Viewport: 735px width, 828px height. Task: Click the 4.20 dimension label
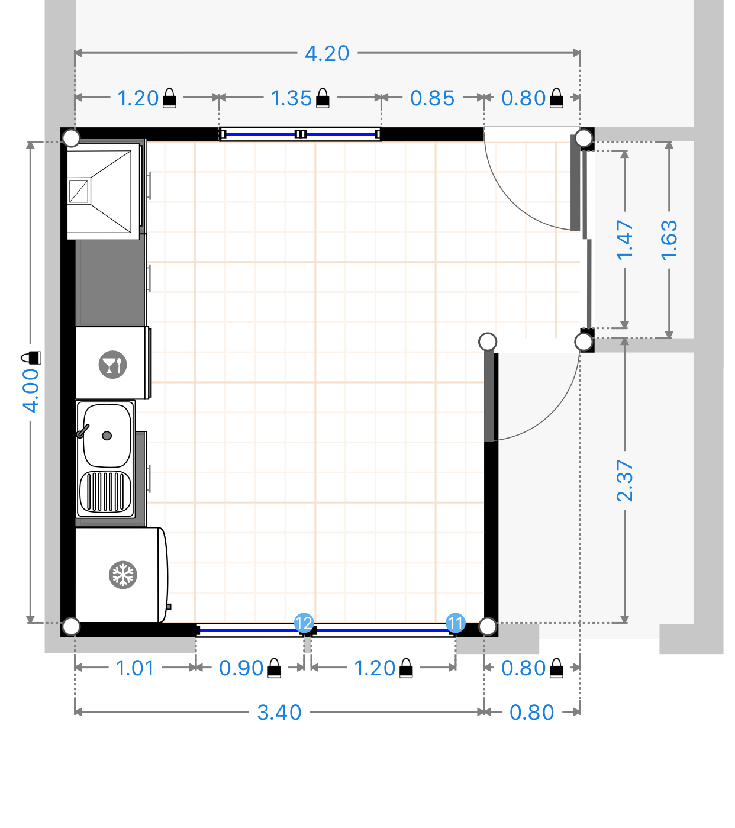(327, 53)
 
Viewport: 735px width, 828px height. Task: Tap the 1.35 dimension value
(291, 98)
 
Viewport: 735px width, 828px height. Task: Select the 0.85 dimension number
(432, 98)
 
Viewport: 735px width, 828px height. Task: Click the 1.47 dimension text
(624, 240)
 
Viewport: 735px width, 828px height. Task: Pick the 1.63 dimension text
(669, 240)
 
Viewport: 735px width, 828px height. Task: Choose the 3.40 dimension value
(279, 713)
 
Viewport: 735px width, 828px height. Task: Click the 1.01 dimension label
(135, 668)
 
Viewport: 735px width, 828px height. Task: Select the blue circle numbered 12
(304, 623)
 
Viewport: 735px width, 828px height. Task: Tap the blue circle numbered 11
(455, 623)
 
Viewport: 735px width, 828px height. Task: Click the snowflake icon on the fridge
(122, 575)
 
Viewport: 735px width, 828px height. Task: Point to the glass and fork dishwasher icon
(112, 364)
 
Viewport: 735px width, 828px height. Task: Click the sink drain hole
(107, 436)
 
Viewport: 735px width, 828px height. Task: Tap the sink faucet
(83, 431)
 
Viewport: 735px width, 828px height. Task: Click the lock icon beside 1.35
(323, 98)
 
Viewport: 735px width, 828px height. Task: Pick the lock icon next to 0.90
(274, 668)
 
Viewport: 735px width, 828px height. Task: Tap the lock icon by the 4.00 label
(31, 357)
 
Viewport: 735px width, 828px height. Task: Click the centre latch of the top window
(300, 134)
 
